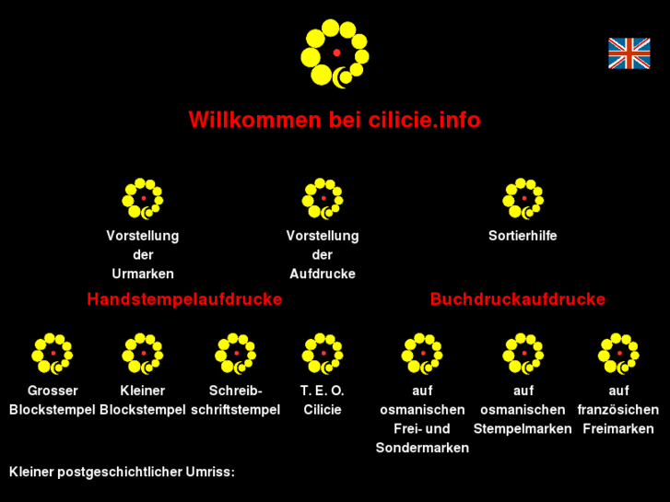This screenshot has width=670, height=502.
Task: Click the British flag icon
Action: (x=629, y=54)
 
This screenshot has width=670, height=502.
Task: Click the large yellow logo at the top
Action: (x=335, y=53)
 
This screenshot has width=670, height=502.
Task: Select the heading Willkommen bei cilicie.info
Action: (x=335, y=120)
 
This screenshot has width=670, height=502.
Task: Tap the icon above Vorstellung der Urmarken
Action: (x=143, y=199)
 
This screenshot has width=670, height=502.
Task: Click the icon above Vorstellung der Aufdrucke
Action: (x=323, y=199)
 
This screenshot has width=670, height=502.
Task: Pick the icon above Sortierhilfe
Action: (x=523, y=199)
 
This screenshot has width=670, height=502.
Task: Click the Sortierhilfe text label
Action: (x=523, y=236)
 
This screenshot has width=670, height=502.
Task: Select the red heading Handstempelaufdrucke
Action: (x=184, y=299)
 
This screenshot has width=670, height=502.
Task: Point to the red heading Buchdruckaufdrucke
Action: (x=518, y=299)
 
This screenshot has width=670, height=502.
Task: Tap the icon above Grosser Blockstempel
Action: (x=53, y=354)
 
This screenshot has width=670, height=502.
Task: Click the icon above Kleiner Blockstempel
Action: (x=143, y=354)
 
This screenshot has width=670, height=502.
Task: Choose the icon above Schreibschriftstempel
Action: (x=235, y=354)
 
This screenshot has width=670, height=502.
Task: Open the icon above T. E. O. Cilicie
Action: (x=323, y=354)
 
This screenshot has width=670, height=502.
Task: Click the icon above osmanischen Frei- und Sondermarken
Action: (x=422, y=354)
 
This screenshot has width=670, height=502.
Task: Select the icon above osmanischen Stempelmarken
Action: (x=523, y=354)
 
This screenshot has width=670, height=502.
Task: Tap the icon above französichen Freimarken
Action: (x=618, y=354)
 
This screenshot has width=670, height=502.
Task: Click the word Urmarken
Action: (x=143, y=274)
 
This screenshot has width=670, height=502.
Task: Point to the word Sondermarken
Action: (x=422, y=448)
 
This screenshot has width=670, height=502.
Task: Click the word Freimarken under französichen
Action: (x=618, y=428)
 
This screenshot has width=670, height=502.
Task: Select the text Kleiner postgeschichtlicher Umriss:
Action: (x=122, y=472)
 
